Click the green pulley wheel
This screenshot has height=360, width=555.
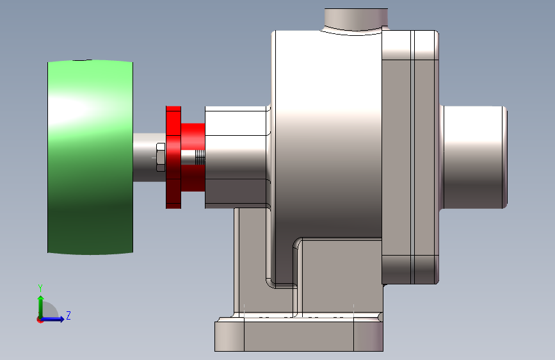tap(90, 157)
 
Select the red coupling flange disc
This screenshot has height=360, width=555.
tap(173, 157)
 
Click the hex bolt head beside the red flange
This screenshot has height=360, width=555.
tap(160, 158)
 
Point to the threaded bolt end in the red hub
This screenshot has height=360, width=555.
tap(200, 158)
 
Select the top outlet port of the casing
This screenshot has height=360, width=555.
tap(356, 20)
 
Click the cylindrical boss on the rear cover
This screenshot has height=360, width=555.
tap(474, 157)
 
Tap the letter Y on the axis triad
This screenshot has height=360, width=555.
tap(40, 288)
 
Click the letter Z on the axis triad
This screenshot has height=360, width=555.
tap(68, 315)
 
